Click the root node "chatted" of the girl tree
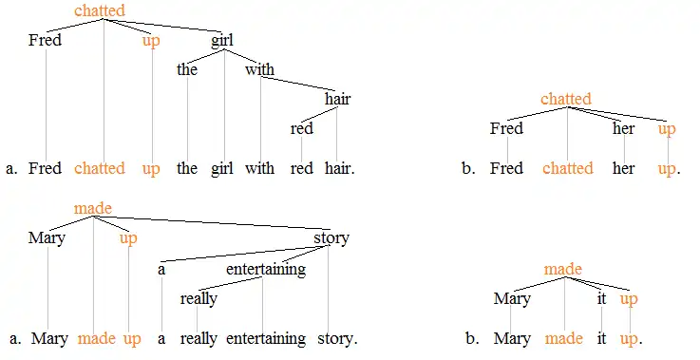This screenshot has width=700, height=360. tap(99, 11)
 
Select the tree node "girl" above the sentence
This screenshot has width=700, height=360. tap(221, 41)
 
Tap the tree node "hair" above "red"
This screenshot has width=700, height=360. tap(337, 99)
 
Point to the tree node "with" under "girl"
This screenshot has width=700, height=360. tap(259, 69)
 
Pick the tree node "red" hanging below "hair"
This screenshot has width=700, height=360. tap(301, 128)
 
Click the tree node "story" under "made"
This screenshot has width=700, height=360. tap(331, 237)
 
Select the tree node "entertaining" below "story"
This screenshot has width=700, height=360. tap(265, 269)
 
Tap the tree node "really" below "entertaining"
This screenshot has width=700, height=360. tap(199, 298)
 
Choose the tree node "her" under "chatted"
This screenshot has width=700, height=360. tap(623, 128)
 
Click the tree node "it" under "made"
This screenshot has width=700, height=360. tap(600, 298)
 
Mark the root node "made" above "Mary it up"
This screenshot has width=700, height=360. tap(562, 270)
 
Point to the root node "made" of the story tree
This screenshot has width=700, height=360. tap(92, 208)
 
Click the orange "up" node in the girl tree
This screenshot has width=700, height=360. tap(151, 41)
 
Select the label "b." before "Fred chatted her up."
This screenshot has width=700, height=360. tap(467, 168)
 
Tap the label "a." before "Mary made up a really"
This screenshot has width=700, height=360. tap(12, 338)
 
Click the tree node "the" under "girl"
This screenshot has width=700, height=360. tap(187, 69)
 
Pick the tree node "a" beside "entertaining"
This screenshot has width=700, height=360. tap(161, 269)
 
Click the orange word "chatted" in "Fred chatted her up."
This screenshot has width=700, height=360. tap(567, 168)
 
